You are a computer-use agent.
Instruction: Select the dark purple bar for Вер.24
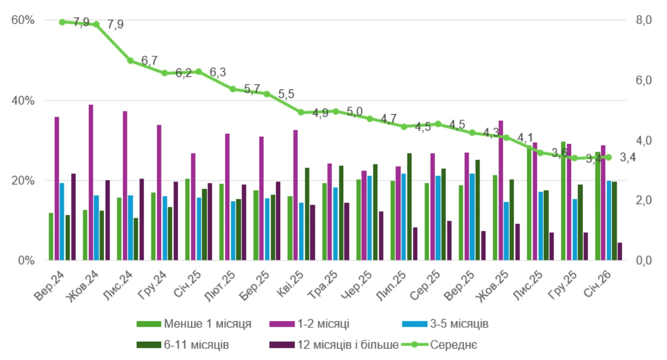pyautogui.click(x=73, y=217)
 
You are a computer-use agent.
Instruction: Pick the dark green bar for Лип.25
pyautogui.click(x=409, y=207)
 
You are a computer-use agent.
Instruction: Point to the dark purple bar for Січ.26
pyautogui.click(x=620, y=251)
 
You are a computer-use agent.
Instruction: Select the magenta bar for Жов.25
pyautogui.click(x=501, y=191)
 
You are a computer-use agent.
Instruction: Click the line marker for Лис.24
pyautogui.click(x=130, y=61)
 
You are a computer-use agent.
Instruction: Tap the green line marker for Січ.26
pyautogui.click(x=608, y=157)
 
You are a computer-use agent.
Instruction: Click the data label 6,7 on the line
pyautogui.click(x=149, y=61)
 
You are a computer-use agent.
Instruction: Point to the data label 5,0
pyautogui.click(x=355, y=112)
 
